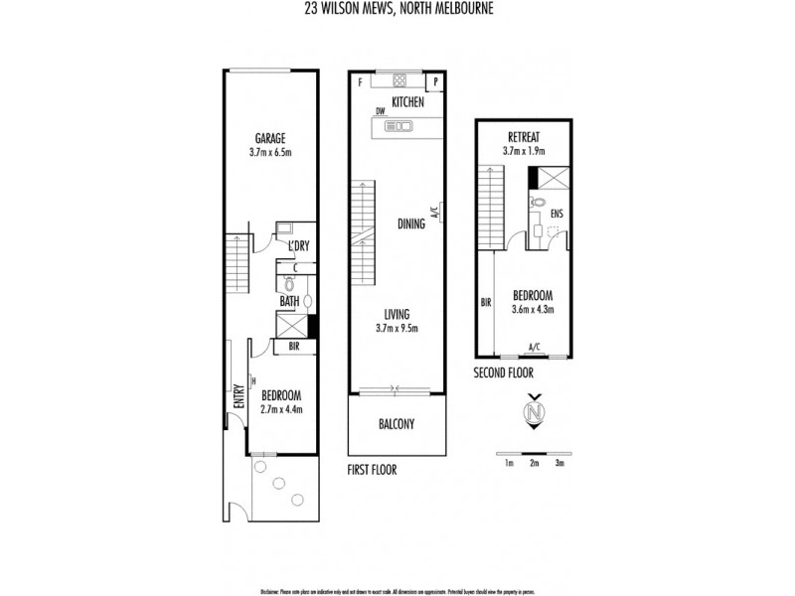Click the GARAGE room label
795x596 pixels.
click(x=270, y=138)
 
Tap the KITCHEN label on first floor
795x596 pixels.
click(x=407, y=102)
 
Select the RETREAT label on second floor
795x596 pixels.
click(x=523, y=136)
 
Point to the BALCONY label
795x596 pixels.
click(x=397, y=424)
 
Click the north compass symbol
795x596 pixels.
click(x=535, y=412)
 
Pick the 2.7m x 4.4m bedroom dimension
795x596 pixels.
click(x=281, y=408)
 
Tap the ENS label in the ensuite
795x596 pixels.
click(x=556, y=213)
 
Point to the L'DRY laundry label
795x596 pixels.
click(x=299, y=246)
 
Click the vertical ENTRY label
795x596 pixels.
click(x=238, y=397)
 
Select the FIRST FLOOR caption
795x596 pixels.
click(x=372, y=470)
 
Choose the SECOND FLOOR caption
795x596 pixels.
click(x=504, y=373)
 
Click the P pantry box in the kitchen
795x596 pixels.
click(x=435, y=81)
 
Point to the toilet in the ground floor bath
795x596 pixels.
click(x=290, y=284)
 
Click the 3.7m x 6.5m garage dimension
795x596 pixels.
click(x=270, y=153)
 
